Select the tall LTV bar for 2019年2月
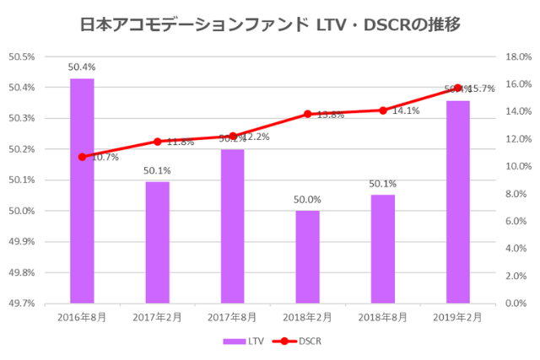pos(458,201)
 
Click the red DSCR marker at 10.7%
pos(82,157)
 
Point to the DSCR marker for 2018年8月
pos(383,110)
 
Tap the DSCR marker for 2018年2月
pos(307,115)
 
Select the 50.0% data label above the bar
pos(307,199)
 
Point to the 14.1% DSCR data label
pos(406,110)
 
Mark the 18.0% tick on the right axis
pos(516,56)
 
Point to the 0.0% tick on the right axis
pos(517,304)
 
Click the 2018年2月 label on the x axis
pos(307,317)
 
